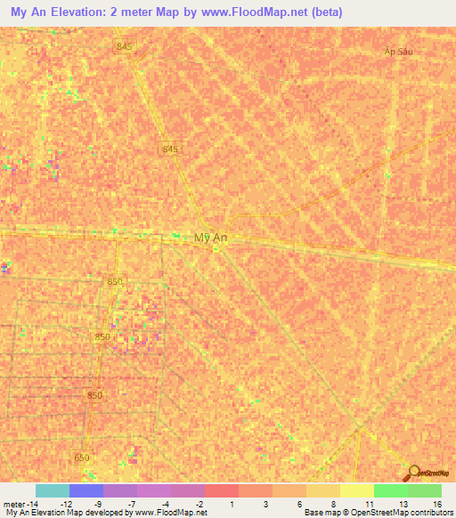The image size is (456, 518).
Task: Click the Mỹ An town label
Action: click(208, 238)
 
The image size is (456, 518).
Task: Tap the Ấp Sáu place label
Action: click(399, 53)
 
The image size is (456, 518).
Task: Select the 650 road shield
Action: click(83, 457)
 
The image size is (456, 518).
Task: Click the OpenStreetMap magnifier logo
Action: click(413, 473)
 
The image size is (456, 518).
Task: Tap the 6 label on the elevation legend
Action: click(300, 503)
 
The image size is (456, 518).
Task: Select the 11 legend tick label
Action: click(368, 503)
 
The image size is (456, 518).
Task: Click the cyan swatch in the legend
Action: click(53, 490)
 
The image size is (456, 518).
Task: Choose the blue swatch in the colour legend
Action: click(86, 490)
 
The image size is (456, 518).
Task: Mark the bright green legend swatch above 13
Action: click(390, 490)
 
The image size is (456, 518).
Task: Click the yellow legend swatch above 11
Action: click(356, 490)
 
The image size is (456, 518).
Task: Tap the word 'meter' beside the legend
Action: click(13, 503)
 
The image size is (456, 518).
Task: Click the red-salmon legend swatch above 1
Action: click(221, 490)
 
